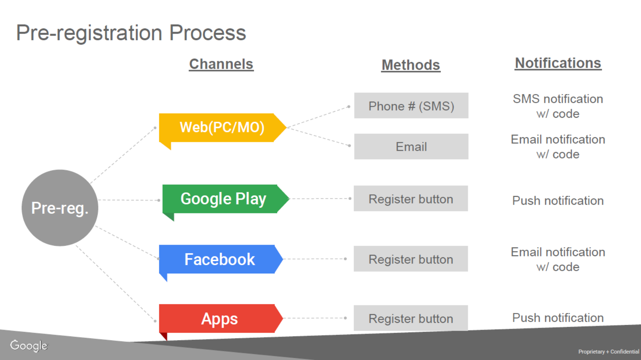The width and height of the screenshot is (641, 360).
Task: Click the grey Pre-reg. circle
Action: point(60,208)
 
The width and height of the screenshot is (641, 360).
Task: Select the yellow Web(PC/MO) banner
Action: point(222,128)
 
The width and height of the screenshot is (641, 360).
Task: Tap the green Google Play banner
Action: point(226,199)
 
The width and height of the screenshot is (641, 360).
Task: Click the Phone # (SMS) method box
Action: point(411,106)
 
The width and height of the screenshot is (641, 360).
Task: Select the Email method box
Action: point(411,146)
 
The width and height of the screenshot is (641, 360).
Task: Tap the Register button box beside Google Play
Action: point(411,198)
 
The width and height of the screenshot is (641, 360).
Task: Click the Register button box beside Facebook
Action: point(411,259)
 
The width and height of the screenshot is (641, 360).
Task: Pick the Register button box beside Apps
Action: point(411,318)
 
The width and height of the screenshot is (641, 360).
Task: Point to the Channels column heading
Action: point(221,64)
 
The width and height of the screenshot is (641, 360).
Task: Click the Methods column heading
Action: point(410,65)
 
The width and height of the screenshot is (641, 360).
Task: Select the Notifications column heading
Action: point(558,63)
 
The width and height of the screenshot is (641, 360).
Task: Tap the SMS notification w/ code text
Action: point(558,106)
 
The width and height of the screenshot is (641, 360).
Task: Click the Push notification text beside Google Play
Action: point(558,200)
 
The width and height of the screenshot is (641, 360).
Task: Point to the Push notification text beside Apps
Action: point(558,318)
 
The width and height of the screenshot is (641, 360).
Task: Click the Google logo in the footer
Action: point(29,346)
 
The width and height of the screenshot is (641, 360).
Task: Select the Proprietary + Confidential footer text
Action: point(609,352)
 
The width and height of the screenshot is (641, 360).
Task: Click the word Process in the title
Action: point(208,33)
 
